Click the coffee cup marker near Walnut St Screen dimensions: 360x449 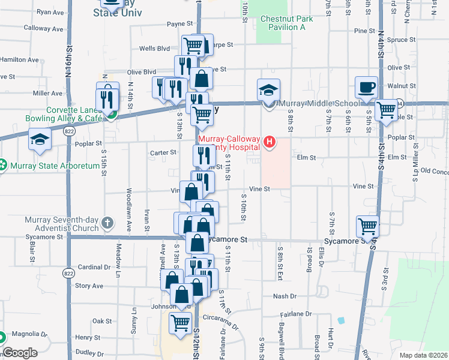click(366, 88)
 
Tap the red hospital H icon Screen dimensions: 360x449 click(270, 142)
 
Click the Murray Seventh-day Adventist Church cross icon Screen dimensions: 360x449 click(107, 224)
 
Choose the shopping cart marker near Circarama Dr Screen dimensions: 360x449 click(180, 322)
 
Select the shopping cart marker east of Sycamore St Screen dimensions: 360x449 click(367, 226)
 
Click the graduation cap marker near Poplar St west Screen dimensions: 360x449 click(40, 140)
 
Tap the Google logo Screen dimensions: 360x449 click(20, 353)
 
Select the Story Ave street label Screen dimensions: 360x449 click(89, 286)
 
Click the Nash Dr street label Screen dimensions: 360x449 click(285, 296)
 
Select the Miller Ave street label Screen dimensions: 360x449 click(48, 94)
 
